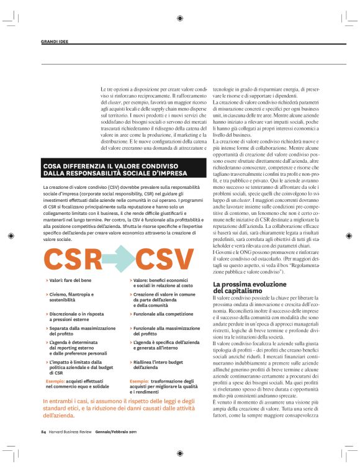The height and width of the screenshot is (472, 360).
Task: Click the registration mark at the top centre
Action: tap(180, 18)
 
